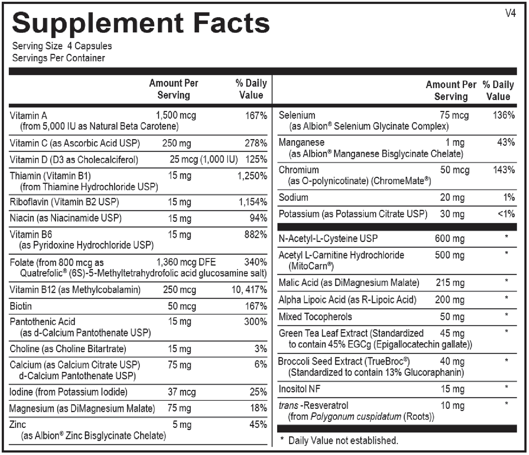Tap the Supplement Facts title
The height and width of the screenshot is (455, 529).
click(141, 23)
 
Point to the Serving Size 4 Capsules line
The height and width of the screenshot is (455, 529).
click(62, 46)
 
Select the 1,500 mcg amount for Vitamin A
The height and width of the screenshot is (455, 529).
click(176, 116)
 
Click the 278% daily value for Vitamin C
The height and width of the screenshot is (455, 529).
click(256, 143)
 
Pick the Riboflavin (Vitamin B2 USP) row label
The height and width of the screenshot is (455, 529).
click(64, 202)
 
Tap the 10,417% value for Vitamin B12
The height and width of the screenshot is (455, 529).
click(249, 290)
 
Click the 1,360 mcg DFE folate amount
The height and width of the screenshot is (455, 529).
click(186, 262)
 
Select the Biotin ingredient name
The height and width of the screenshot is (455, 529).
click(21, 306)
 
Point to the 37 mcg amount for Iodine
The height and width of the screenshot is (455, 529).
click(182, 392)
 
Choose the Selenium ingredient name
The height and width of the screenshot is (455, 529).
click(297, 115)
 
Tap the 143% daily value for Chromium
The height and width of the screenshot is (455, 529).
click(504, 170)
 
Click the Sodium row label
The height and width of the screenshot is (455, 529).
click(293, 197)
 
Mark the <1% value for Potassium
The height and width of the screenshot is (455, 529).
click(506, 214)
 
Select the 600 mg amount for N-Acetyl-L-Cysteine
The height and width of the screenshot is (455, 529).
click(450, 239)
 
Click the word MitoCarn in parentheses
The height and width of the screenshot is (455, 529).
click(306, 266)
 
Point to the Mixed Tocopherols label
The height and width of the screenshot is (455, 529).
click(315, 317)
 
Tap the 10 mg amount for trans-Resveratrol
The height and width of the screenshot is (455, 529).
click(452, 406)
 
